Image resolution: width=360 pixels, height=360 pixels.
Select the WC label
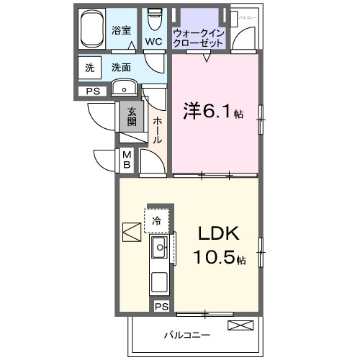coord(153,42)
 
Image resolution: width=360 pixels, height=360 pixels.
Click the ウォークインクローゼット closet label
coord(198,37)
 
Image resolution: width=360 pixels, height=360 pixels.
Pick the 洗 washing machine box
coord(90,68)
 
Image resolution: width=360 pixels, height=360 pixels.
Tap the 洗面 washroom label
coord(120,68)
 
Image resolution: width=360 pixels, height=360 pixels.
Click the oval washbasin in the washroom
coord(126,90)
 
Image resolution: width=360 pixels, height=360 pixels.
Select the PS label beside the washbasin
coord(92,91)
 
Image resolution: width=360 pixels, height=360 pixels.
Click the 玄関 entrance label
coord(132,116)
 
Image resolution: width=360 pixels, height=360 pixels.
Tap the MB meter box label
coord(126,159)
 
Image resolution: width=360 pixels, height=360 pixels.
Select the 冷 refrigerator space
coord(157,220)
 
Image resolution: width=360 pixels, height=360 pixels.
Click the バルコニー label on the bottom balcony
coord(186,336)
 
